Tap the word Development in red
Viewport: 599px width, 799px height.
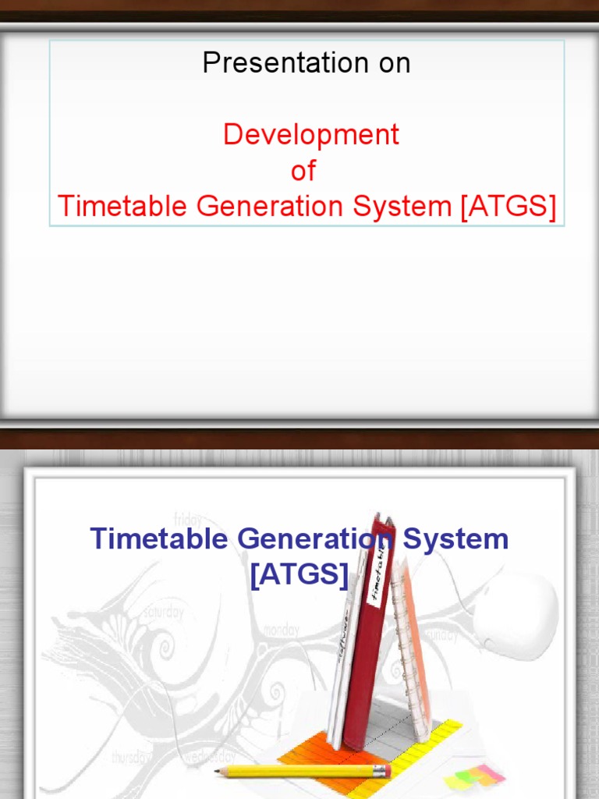pos(310,134)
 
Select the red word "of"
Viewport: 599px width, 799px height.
pos(303,171)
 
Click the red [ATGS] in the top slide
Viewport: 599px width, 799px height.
pos(508,207)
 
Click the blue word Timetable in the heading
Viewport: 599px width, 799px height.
pos(160,538)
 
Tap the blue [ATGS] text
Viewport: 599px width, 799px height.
pos(299,574)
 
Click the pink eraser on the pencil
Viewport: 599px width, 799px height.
pos(383,771)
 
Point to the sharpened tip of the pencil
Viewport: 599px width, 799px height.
pos(219,772)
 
